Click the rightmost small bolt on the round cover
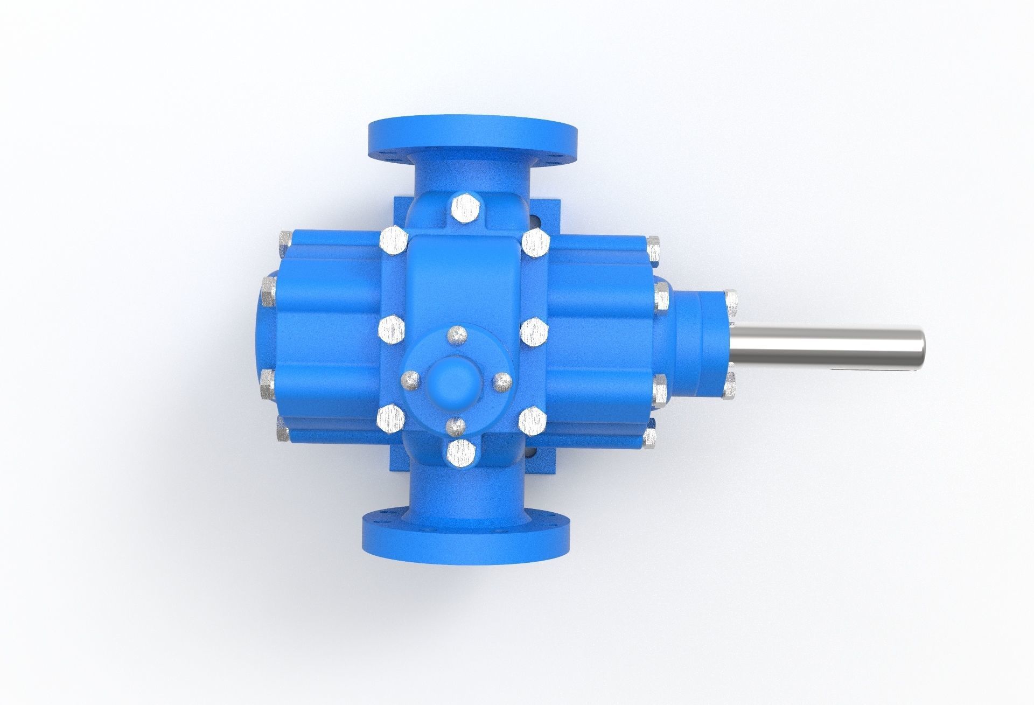(x=502, y=382)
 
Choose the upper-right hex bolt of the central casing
(x=535, y=243)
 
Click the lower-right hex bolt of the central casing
(x=534, y=421)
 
